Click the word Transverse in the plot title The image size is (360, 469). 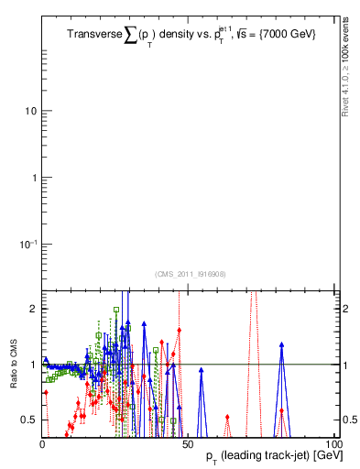tap(95, 35)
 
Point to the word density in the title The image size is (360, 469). tap(181, 35)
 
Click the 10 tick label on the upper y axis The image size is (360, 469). tap(30, 112)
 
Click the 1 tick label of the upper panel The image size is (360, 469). tap(34, 178)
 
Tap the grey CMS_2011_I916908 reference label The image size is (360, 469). tap(191, 274)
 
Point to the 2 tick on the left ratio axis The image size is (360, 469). tap(31, 309)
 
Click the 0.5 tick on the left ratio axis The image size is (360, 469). tap(27, 420)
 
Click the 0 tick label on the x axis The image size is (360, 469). tap(43, 442)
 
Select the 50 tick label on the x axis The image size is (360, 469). tap(189, 442)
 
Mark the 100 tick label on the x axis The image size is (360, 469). tap(332, 442)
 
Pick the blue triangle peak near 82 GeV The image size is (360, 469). tap(282, 344)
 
